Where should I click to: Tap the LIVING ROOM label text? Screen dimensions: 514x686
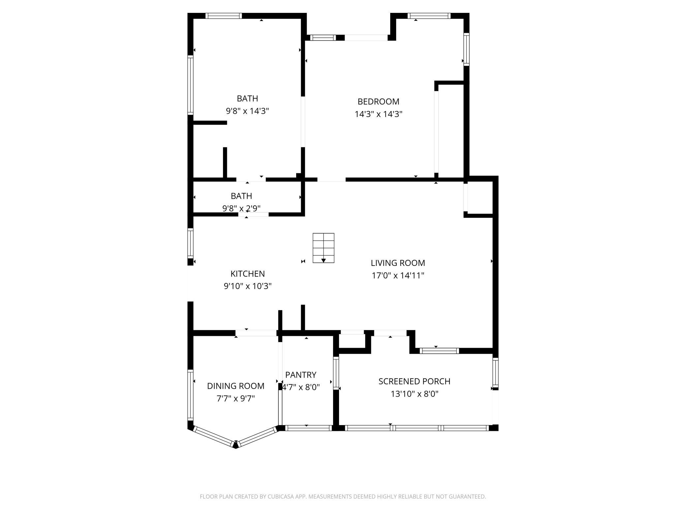coord(398,263)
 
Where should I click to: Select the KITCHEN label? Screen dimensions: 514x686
coord(247,274)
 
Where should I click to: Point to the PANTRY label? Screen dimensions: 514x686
coord(300,375)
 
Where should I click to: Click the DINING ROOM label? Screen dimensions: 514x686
coord(235,386)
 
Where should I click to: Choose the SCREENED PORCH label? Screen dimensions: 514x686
coord(414,381)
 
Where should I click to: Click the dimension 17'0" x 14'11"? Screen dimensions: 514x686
coord(398,275)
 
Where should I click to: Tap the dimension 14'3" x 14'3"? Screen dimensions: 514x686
coord(378,114)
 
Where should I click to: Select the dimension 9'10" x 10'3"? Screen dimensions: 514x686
coord(247,286)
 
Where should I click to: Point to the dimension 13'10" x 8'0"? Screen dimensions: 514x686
coord(414,394)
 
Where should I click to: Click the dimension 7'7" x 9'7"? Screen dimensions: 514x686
coord(235,398)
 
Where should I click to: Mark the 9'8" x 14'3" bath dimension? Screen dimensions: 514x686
coord(247,111)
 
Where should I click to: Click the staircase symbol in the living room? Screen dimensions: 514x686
coord(323,248)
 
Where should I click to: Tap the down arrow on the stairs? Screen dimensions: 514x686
coord(324,260)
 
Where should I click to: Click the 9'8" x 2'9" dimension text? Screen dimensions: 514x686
coord(241,208)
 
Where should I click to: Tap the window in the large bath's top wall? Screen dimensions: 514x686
coord(224,16)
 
